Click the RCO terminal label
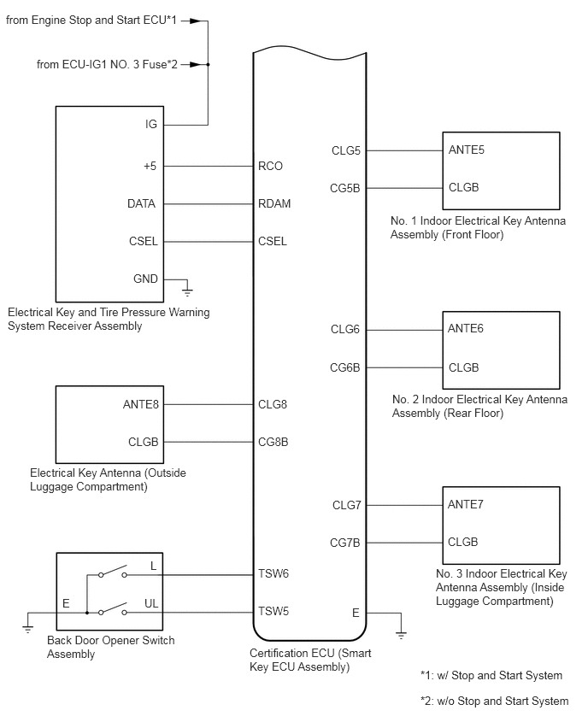pyautogui.click(x=270, y=167)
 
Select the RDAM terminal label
pyautogui.click(x=274, y=204)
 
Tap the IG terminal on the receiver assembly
pyautogui.click(x=151, y=125)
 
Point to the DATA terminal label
pyautogui.click(x=141, y=204)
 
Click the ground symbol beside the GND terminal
pyautogui.click(x=187, y=291)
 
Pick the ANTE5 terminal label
pyautogui.click(x=467, y=150)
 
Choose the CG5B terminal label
pyautogui.click(x=345, y=189)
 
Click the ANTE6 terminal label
pyautogui.click(x=466, y=329)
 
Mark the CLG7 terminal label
pyautogui.click(x=346, y=505)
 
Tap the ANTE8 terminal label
pyautogui.click(x=141, y=405)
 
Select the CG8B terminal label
pyautogui.click(x=273, y=442)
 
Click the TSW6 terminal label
pyautogui.click(x=273, y=574)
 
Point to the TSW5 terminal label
pyautogui.click(x=273, y=612)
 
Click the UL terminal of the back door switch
pyautogui.click(x=151, y=603)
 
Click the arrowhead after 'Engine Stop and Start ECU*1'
pyautogui.click(x=195, y=21)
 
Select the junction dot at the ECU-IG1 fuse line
pyautogui.click(x=208, y=65)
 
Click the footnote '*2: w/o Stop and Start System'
pyautogui.click(x=494, y=701)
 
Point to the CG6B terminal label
pyautogui.click(x=345, y=367)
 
